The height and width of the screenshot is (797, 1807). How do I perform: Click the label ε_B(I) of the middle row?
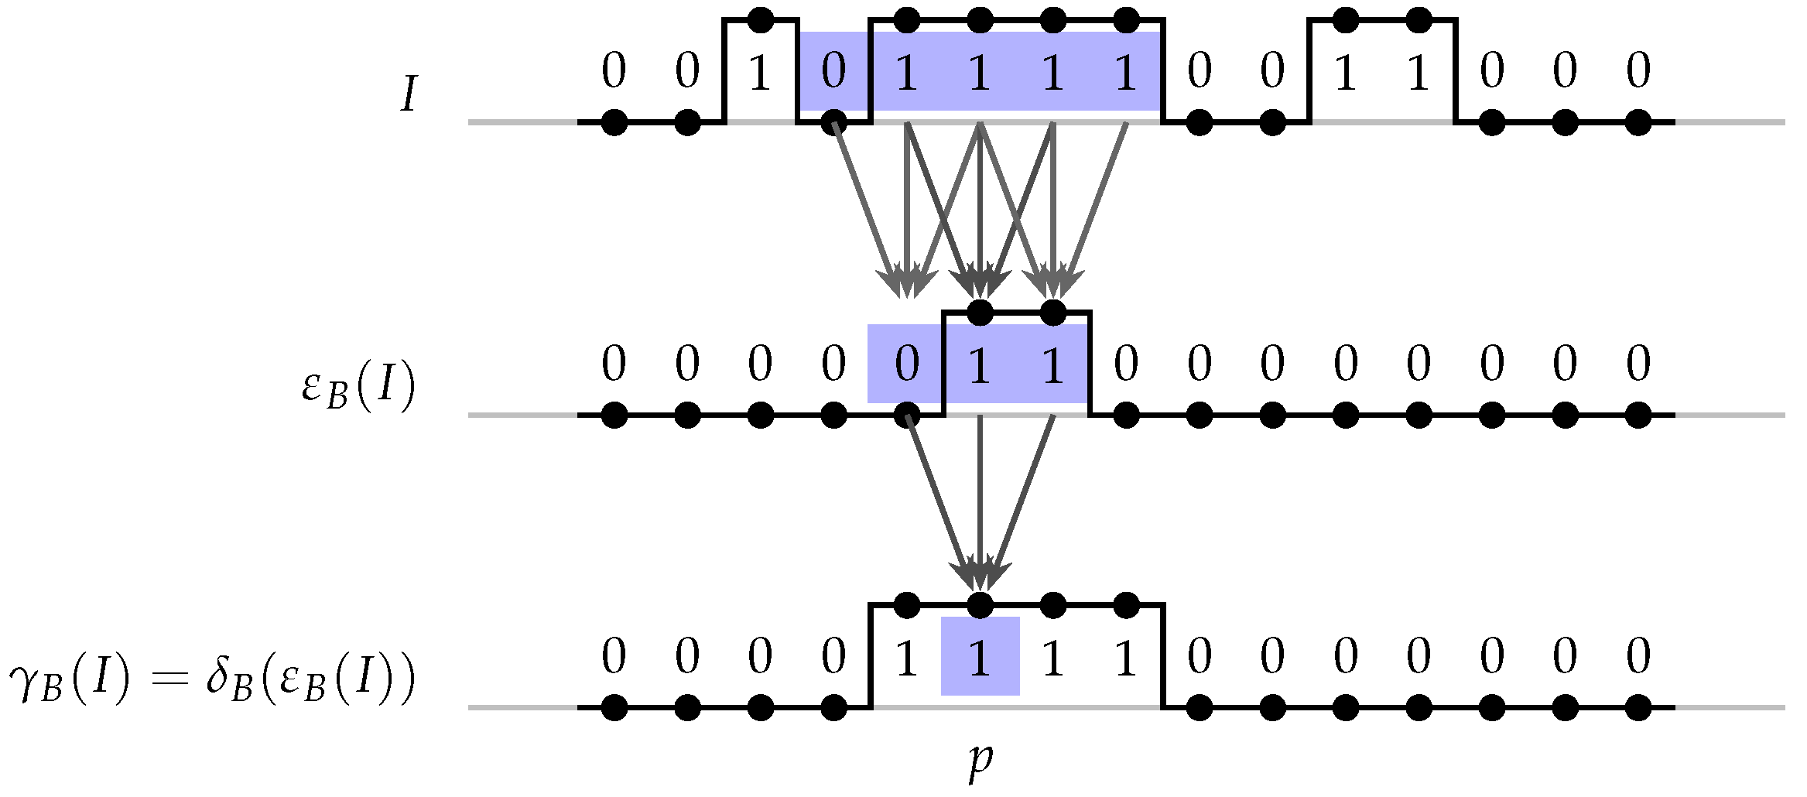pos(358,386)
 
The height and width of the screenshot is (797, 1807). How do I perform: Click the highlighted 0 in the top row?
pos(833,71)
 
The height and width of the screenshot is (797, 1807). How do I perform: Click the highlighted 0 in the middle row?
pos(906,364)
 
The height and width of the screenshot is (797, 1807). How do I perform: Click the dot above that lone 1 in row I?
pos(761,20)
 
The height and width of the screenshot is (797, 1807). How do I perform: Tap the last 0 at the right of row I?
pos(1638,71)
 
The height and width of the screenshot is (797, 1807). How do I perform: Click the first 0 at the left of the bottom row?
pos(614,657)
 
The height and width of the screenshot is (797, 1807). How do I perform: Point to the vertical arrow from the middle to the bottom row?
pos(980,503)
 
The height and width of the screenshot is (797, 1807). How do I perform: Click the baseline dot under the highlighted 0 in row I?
pos(833,122)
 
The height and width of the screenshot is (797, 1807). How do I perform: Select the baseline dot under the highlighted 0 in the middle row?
pos(906,416)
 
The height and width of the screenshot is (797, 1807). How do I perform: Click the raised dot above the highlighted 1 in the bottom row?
pos(980,604)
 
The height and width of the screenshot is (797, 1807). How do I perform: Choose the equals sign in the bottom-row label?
pos(170,679)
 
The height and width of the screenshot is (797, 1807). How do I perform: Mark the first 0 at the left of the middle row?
pos(614,364)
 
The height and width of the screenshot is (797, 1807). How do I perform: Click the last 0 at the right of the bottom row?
pos(1638,657)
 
